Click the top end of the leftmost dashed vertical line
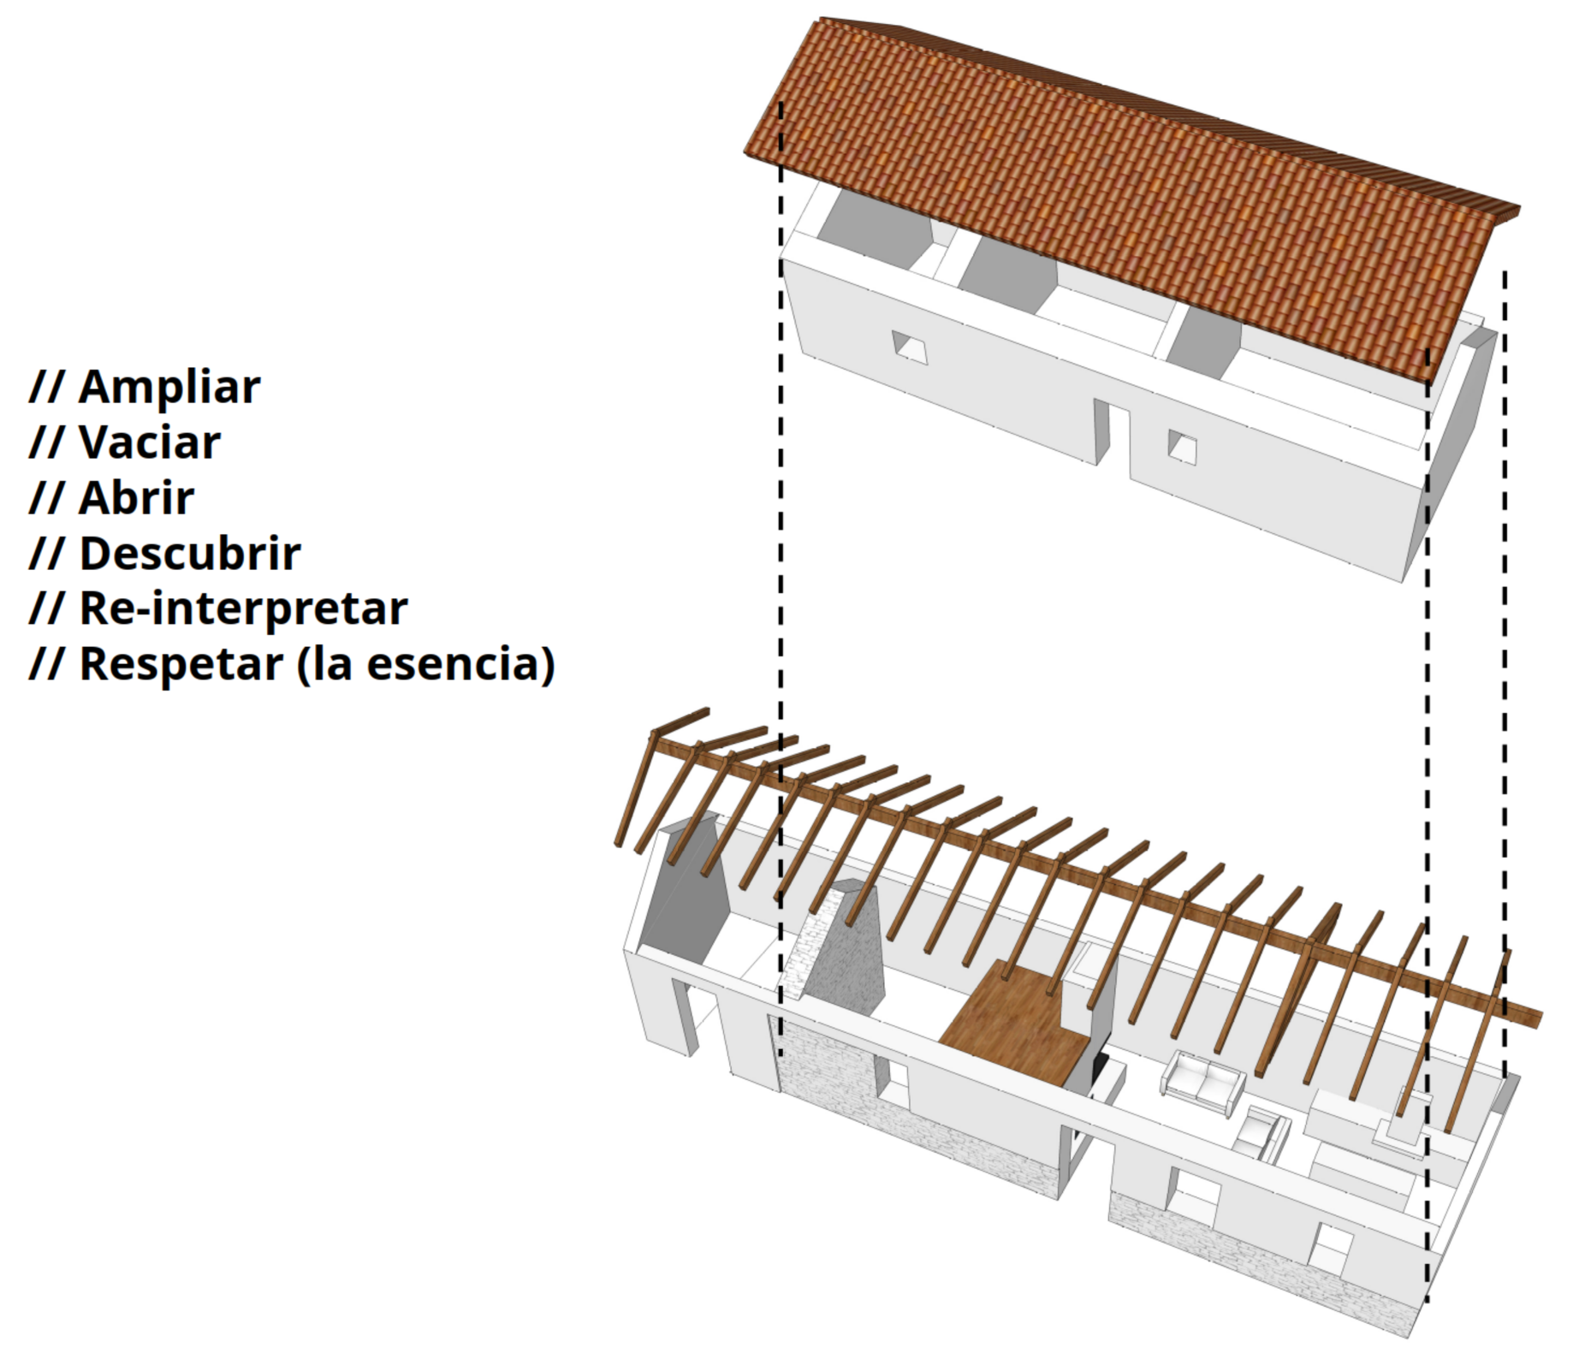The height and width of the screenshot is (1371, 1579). click(x=781, y=103)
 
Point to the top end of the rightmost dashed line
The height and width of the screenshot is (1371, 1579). click(x=1505, y=272)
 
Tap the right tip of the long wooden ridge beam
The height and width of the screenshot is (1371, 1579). click(x=1541, y=1018)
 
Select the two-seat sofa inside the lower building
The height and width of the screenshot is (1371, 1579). click(x=1202, y=1083)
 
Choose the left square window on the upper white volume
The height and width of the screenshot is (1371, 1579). click(x=910, y=347)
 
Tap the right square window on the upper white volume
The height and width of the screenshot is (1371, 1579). click(x=1182, y=447)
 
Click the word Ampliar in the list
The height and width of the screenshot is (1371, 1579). click(x=169, y=388)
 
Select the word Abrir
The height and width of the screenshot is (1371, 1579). click(x=137, y=498)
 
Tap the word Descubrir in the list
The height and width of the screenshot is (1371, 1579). click(x=190, y=554)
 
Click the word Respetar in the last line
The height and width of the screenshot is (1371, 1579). click(x=181, y=666)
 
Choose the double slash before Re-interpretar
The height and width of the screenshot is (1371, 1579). click(x=46, y=608)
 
